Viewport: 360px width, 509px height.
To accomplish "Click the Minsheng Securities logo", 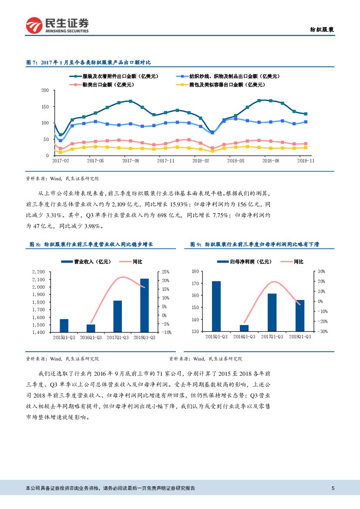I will [x=57, y=25].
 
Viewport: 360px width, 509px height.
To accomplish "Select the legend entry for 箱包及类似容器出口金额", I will [x=225, y=84].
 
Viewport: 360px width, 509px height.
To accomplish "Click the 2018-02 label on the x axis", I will [x=200, y=161].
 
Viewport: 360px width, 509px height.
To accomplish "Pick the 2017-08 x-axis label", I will [x=130, y=161].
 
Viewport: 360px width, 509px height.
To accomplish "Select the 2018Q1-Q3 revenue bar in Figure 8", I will [x=144, y=305].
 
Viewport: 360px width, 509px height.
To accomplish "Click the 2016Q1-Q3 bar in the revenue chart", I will [x=91, y=328].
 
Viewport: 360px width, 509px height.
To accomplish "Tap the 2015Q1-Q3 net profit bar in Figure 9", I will [x=216, y=306].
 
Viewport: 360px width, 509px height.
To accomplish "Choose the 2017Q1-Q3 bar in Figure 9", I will [x=272, y=312].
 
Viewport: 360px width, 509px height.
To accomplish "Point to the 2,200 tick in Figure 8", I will [x=39, y=272].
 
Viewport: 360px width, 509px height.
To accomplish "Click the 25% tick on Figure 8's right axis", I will [x=165, y=272].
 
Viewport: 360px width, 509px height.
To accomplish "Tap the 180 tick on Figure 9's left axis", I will [x=195, y=271].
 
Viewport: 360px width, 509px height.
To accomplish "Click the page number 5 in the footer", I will [x=333, y=488].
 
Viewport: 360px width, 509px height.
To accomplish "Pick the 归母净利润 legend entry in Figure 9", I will [x=244, y=262].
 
